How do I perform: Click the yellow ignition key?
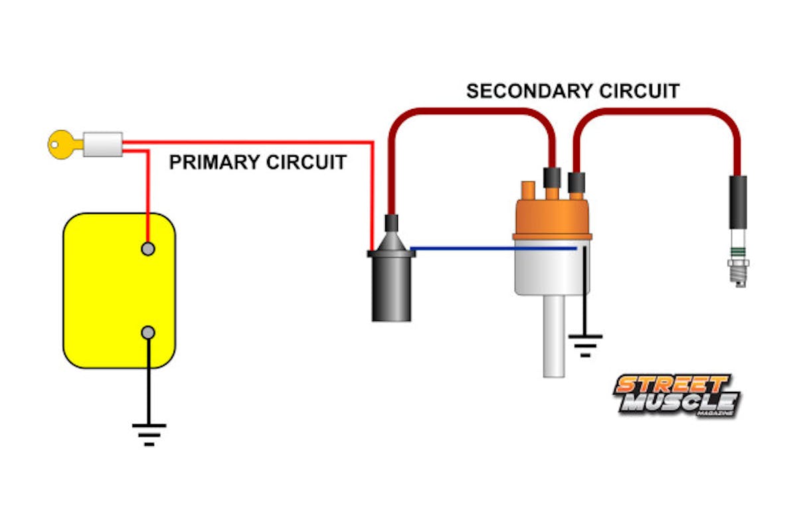[62, 143]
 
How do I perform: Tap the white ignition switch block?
[102, 143]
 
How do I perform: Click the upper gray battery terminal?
[149, 249]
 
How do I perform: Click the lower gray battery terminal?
[149, 332]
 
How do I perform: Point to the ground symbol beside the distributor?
[585, 344]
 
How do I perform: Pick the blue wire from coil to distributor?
[491, 249]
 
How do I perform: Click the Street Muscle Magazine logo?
[677, 395]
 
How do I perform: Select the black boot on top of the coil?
[392, 223]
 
